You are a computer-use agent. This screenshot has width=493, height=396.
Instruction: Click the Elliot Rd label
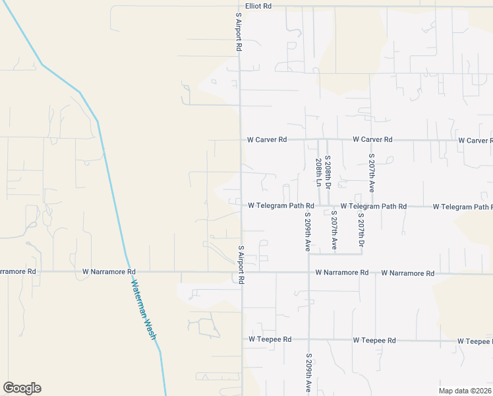pyautogui.click(x=258, y=5)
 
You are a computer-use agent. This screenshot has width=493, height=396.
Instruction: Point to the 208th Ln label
pyautogui.click(x=319, y=171)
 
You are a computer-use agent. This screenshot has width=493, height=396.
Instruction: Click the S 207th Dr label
pyautogui.click(x=361, y=232)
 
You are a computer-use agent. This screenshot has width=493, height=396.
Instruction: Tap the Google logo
pyautogui.click(x=22, y=388)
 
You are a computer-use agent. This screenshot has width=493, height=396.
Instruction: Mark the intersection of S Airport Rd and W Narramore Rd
pyautogui.click(x=241, y=272)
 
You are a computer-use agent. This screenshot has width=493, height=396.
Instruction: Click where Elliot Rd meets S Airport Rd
pyautogui.click(x=239, y=7)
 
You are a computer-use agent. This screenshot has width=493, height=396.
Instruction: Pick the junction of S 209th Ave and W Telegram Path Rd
pyautogui.click(x=308, y=206)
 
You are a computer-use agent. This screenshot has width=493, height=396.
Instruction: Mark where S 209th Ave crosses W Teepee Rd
pyautogui.click(x=308, y=340)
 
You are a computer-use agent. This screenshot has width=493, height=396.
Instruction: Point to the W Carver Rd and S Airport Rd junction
pyautogui.click(x=240, y=140)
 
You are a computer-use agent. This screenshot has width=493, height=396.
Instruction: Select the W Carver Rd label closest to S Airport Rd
pyautogui.click(x=267, y=140)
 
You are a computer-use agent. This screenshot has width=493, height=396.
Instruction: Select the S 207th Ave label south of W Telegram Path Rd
pyautogui.click(x=334, y=229)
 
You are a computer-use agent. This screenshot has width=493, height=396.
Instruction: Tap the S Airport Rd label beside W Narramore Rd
pyautogui.click(x=241, y=265)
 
